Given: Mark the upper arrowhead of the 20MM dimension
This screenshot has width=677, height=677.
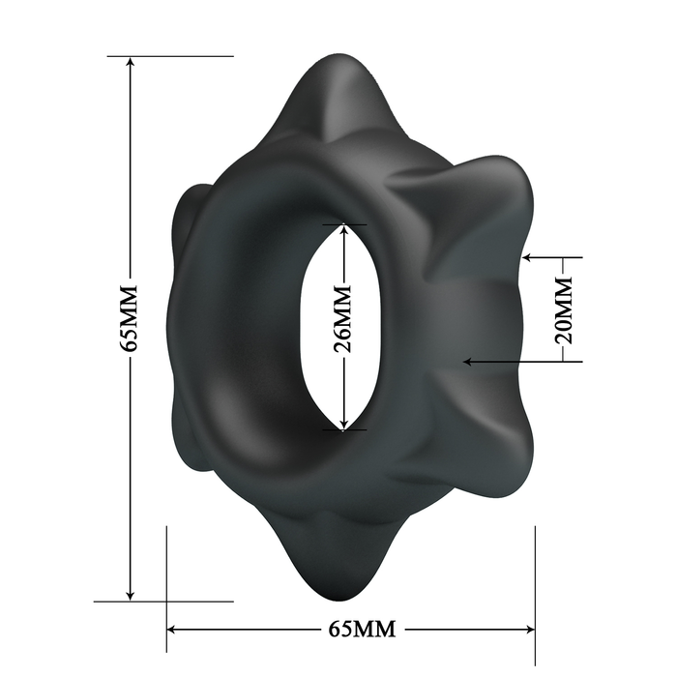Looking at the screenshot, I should tap(529, 258).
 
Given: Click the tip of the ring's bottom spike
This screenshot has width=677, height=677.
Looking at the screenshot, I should tap(334, 596).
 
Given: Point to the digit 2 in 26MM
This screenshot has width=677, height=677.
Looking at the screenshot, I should tap(341, 344).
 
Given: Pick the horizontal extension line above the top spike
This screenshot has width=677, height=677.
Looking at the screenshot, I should tap(184, 56).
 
